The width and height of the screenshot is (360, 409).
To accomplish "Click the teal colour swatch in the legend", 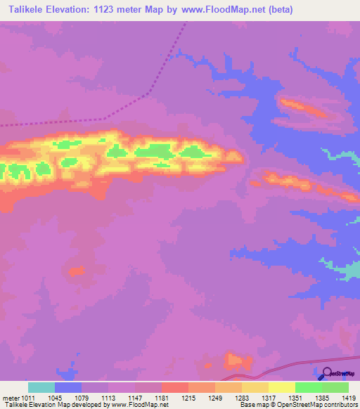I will point(41,387).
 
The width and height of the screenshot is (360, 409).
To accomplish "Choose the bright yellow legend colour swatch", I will point(281,387).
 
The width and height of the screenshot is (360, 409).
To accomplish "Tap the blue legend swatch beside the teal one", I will point(68,387).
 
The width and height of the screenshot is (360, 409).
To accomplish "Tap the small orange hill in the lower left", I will point(77,271).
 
